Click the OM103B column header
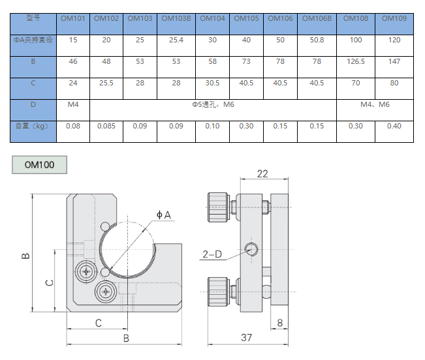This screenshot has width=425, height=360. click(x=176, y=18)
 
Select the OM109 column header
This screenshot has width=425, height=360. click(x=394, y=18)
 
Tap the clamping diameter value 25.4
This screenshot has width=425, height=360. click(x=176, y=40)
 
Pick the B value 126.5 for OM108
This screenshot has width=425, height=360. click(x=356, y=62)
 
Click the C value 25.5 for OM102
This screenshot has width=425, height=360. click(x=106, y=83)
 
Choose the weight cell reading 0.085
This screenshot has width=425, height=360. click(x=106, y=126)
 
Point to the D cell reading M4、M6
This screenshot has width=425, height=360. click(x=375, y=104)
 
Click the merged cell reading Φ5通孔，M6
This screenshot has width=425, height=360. click(x=213, y=104)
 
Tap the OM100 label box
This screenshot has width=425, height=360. click(x=40, y=164)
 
